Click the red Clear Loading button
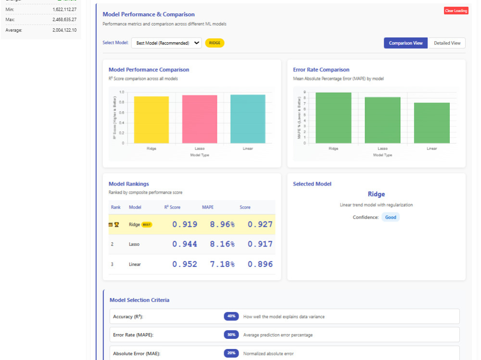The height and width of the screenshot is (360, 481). (456, 11)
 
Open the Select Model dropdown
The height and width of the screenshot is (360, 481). (166, 43)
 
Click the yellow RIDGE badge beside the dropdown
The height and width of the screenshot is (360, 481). (215, 43)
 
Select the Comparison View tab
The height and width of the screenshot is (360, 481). (405, 43)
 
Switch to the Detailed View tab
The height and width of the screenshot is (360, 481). (447, 43)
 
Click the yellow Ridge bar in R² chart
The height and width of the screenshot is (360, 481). (151, 120)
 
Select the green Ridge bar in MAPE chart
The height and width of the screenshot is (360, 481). (333, 118)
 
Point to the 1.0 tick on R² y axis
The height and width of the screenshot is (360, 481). (122, 92)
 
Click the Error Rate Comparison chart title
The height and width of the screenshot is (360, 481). (321, 70)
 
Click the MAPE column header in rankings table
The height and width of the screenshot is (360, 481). (208, 207)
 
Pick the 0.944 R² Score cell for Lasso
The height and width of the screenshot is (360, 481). (185, 244)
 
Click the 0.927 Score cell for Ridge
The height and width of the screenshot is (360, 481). (260, 224)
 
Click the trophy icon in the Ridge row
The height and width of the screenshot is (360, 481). (117, 224)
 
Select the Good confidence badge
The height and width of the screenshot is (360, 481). (391, 217)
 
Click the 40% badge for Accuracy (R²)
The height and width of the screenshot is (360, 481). (231, 316)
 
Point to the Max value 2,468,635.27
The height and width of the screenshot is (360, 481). (64, 20)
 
